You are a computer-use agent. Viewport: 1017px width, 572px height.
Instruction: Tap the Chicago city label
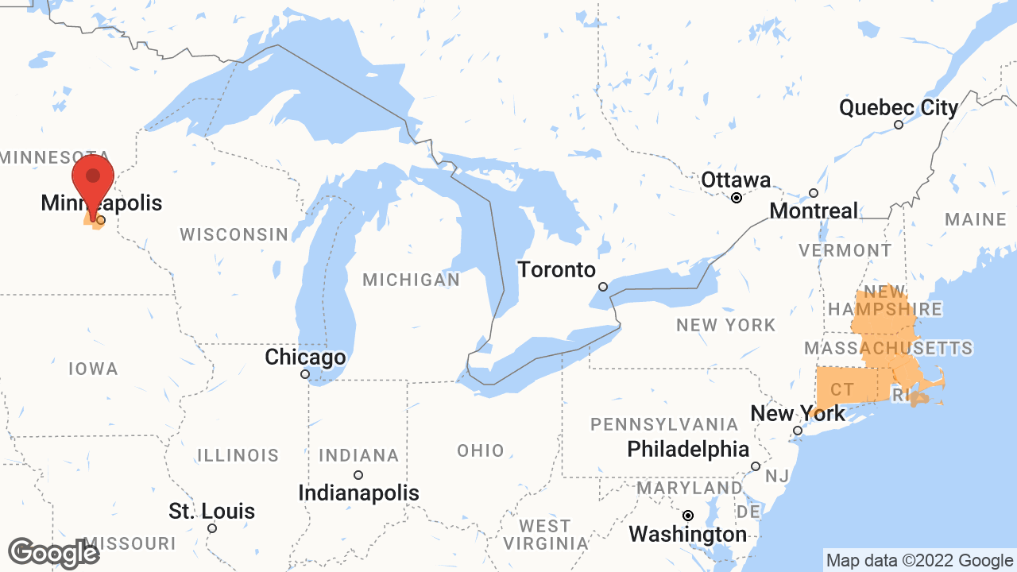coord(305,357)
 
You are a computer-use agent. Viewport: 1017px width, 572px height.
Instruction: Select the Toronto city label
coord(556,270)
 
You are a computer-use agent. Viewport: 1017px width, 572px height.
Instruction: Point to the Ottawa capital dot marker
coord(737,198)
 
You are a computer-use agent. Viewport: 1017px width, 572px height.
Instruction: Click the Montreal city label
coord(814,211)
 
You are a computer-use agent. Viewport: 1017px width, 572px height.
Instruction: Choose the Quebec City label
coord(899,107)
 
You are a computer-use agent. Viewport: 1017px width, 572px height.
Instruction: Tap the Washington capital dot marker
coord(688,515)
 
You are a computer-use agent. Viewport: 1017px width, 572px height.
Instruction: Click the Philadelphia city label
coord(687,450)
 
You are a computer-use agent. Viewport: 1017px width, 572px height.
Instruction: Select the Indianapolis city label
coord(358,493)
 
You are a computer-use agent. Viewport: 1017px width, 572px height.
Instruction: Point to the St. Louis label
coord(211,511)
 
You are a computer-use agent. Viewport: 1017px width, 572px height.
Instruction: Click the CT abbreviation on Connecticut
coord(841,390)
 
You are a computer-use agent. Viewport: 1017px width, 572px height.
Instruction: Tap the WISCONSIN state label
coord(234,234)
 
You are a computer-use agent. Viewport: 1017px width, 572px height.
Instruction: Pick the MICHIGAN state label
coord(411,280)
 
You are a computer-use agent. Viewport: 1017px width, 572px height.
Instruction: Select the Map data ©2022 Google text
coord(919,561)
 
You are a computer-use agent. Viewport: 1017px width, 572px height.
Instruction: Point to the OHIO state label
coord(480,451)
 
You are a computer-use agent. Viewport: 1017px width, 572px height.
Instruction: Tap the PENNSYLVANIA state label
coord(664,424)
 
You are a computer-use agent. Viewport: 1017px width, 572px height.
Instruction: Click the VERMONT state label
coord(845,250)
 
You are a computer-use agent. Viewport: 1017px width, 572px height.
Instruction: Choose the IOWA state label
coord(93,369)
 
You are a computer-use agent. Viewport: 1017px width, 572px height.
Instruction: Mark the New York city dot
coord(798,431)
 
